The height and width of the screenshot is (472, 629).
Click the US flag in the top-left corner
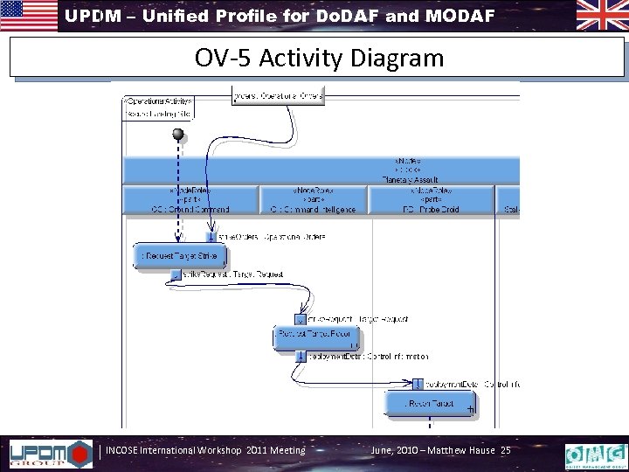[x=29, y=15]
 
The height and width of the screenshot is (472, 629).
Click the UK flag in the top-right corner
[x=601, y=15]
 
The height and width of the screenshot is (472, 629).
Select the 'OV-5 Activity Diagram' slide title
[x=320, y=59]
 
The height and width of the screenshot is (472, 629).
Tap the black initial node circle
[x=179, y=134]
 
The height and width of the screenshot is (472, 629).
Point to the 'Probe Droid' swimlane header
[x=432, y=199]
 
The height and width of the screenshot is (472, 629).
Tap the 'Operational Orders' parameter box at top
[x=279, y=94]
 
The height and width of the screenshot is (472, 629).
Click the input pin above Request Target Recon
[x=302, y=320]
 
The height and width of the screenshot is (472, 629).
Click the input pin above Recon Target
[x=418, y=384]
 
